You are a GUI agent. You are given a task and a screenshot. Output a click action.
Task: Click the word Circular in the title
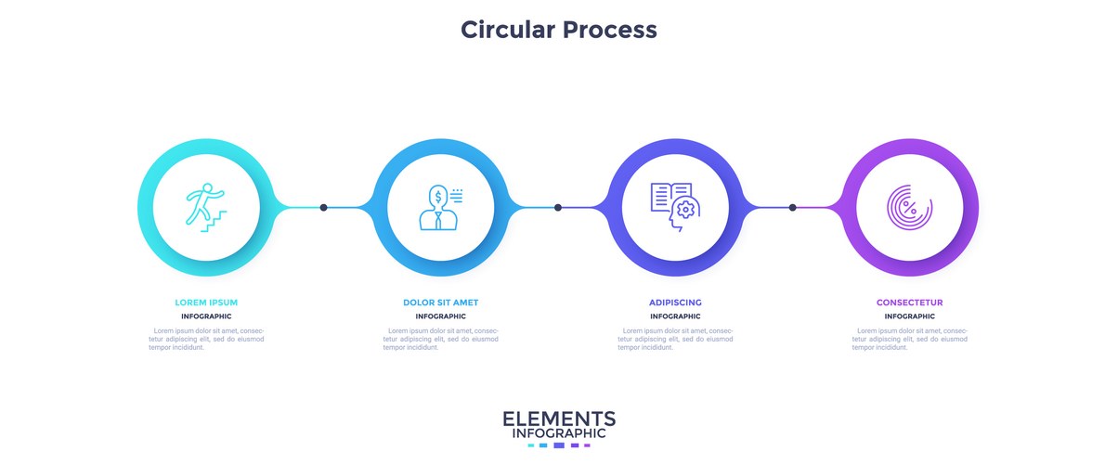[x=507, y=30]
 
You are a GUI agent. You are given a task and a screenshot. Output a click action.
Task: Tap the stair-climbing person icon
[x=205, y=207]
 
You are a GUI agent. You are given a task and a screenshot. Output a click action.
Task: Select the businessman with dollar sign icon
[x=440, y=207]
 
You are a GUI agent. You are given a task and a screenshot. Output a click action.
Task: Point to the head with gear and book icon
[x=675, y=207]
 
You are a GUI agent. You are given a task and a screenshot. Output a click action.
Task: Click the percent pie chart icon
[x=909, y=207]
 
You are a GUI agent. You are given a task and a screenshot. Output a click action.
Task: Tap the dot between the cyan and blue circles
[x=323, y=207]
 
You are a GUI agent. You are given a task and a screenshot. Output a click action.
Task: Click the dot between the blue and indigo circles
[x=558, y=207]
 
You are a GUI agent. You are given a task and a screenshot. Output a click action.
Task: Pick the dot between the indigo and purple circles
[x=792, y=207]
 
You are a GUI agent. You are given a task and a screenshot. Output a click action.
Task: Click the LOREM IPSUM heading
[x=206, y=303]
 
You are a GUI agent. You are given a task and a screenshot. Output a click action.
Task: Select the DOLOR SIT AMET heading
[x=441, y=303]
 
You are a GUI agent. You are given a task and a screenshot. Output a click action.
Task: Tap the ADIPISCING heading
[x=675, y=303]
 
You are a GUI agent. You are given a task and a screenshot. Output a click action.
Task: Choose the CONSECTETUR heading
[x=910, y=303]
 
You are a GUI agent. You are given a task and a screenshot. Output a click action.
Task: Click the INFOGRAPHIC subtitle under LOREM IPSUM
[x=206, y=316]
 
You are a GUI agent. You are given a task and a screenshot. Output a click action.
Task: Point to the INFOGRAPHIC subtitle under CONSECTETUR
[x=910, y=316]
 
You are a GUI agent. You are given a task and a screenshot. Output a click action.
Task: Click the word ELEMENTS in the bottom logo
[x=559, y=419]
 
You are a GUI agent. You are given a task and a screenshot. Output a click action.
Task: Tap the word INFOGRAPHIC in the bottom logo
[x=559, y=433]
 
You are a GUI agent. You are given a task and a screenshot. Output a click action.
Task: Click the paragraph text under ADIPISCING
[x=675, y=339]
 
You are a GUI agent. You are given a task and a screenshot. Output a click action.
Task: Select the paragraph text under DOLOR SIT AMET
[x=441, y=339]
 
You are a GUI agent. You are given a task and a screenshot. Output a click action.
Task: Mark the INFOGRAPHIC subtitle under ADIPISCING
[x=675, y=316]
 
